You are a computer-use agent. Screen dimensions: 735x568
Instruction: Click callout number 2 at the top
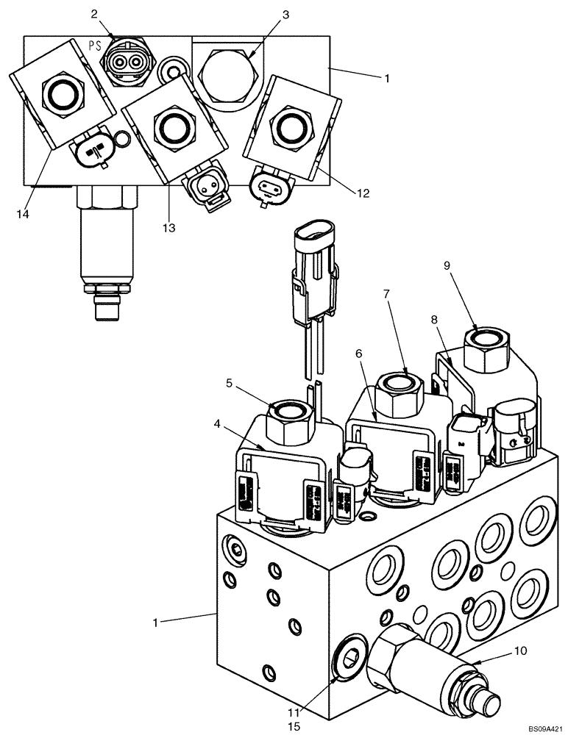click(94, 14)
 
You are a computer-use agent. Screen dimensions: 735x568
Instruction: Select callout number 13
click(169, 229)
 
